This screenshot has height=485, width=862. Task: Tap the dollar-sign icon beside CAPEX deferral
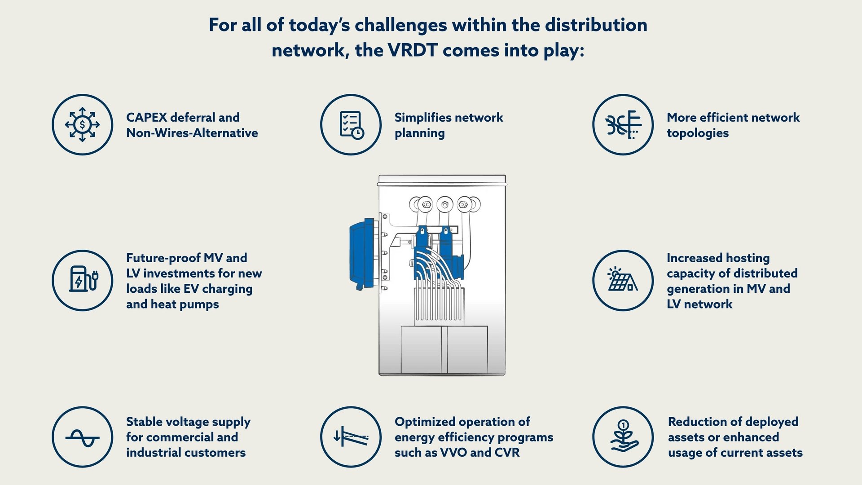(82, 124)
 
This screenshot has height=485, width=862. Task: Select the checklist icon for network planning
(351, 124)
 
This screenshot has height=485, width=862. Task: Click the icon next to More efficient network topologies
(623, 124)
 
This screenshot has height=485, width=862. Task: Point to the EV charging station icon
(82, 280)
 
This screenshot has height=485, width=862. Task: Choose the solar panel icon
(623, 280)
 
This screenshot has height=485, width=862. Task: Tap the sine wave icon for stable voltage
(82, 437)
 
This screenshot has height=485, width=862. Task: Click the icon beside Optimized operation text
(351, 437)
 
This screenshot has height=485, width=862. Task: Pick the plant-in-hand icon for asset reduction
(623, 437)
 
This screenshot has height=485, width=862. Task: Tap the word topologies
(698, 133)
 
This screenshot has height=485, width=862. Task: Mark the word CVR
(507, 453)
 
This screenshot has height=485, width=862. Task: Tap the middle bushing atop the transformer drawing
(445, 205)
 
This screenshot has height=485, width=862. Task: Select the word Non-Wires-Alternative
(192, 133)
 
